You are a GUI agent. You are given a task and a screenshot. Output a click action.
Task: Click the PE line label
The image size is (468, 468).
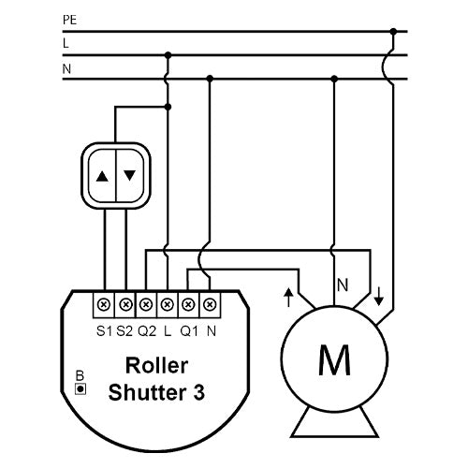click(x=69, y=19)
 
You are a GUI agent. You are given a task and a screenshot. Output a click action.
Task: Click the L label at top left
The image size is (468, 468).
click(x=66, y=43)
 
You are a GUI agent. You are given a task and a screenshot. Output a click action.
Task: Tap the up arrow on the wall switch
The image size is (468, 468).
click(x=102, y=174)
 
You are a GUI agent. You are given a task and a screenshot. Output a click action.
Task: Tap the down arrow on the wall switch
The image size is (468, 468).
click(x=129, y=174)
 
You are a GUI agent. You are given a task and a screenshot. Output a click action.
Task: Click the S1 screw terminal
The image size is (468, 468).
click(x=104, y=304)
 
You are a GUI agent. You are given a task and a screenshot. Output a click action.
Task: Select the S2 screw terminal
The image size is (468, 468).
click(x=125, y=304)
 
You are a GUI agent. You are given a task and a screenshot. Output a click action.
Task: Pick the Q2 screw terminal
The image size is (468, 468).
click(x=146, y=304)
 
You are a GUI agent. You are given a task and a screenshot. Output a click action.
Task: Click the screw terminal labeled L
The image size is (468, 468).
click(x=168, y=304)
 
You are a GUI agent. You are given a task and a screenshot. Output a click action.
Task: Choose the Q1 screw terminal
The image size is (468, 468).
click(x=188, y=304)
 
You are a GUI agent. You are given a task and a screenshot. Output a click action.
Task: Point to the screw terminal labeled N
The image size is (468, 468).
click(x=210, y=304)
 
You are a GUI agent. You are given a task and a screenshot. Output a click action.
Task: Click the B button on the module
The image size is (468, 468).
click(x=81, y=388)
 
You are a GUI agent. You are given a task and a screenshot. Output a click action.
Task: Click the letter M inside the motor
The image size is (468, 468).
click(x=334, y=358)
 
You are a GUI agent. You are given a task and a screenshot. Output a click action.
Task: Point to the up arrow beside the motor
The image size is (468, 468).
click(x=288, y=297)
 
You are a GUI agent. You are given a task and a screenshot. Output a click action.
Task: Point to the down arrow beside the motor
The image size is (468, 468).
click(x=378, y=297)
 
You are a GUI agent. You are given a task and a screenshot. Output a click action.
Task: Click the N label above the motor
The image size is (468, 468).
click(x=343, y=282)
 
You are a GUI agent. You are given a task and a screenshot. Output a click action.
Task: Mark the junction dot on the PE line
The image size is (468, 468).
click(x=394, y=31)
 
